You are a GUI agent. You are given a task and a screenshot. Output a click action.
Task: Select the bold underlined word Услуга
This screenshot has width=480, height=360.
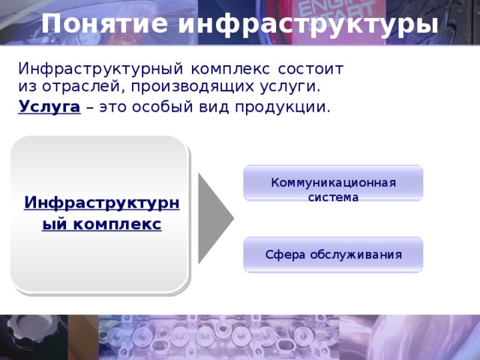pyautogui.click(x=49, y=106)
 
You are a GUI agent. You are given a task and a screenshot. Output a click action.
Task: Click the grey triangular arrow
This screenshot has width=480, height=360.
pyautogui.click(x=214, y=217)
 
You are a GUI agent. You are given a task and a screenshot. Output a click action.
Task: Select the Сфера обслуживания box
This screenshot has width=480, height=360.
pyautogui.click(x=333, y=254)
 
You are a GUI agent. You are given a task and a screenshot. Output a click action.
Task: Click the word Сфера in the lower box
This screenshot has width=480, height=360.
pyautogui.click(x=284, y=254)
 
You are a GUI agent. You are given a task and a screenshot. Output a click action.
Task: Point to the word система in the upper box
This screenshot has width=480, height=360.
pyautogui.click(x=333, y=198)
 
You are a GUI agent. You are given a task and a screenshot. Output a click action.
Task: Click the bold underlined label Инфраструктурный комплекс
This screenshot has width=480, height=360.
pyautogui.click(x=101, y=213)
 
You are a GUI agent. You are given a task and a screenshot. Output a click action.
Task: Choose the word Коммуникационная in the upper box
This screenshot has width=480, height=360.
pyautogui.click(x=333, y=183)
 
